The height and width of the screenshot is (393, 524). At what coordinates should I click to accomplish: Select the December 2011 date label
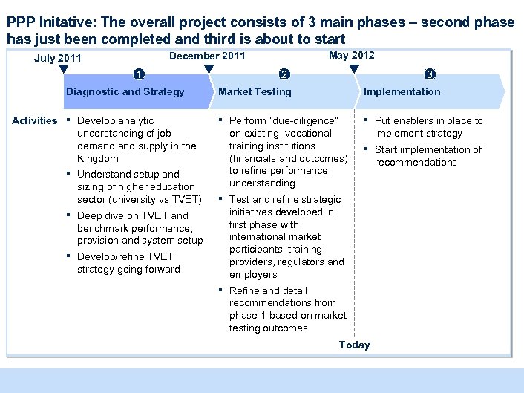pos(207,56)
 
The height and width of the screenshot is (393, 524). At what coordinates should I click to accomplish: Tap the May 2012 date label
pos(351,55)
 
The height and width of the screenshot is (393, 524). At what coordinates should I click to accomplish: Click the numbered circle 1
pos(139,74)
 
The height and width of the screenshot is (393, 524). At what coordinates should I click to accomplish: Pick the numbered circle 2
pos(283,74)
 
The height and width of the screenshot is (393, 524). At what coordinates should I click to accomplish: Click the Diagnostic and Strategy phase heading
pos(125,91)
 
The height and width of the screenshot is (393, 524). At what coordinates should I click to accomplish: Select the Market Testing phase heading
pos(255,91)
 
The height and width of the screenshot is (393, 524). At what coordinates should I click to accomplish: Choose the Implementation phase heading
pos(401,91)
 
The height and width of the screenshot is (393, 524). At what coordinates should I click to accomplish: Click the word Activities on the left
pos(35,120)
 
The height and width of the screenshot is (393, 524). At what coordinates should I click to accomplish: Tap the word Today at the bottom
pos(354,345)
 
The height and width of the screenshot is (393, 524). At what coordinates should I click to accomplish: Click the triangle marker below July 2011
pos(64,70)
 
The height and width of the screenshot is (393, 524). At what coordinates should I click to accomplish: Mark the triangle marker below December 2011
pos(209,70)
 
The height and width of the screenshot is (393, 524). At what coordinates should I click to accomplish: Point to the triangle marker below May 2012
pos(354,70)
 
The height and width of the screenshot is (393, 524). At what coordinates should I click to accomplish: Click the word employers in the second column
pos(253,274)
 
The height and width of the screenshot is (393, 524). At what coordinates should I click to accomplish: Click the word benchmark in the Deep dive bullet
pos(104,228)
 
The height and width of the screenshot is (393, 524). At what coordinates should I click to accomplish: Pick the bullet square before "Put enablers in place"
pos(365,120)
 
